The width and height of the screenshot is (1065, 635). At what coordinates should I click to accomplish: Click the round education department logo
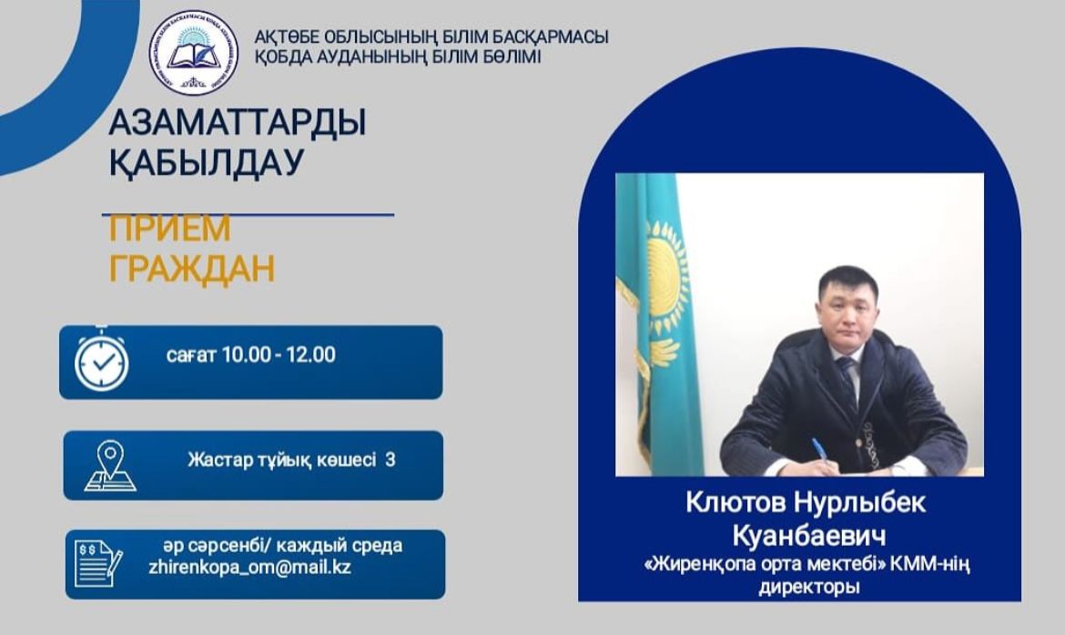(194, 52)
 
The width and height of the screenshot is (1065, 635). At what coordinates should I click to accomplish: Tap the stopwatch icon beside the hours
(102, 360)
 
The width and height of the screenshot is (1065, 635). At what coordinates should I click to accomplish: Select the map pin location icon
(110, 466)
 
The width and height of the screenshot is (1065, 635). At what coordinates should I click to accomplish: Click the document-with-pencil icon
(98, 563)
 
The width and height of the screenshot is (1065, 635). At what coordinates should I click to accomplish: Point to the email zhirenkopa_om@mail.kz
(250, 567)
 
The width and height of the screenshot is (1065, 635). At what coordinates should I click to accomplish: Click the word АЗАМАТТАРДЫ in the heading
(238, 122)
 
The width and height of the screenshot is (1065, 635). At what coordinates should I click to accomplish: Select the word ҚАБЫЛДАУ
(207, 163)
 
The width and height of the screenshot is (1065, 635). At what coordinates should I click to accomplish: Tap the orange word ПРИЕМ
(170, 229)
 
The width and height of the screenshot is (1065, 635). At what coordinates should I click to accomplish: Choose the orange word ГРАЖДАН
(192, 268)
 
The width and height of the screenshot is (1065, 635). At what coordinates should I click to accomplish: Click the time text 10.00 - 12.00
(279, 355)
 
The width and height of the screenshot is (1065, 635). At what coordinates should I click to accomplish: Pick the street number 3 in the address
(390, 460)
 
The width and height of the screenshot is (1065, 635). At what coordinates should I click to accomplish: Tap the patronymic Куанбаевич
(809, 535)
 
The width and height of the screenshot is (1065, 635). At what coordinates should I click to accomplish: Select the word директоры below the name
(809, 586)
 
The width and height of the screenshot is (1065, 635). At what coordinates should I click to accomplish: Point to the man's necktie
(847, 384)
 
